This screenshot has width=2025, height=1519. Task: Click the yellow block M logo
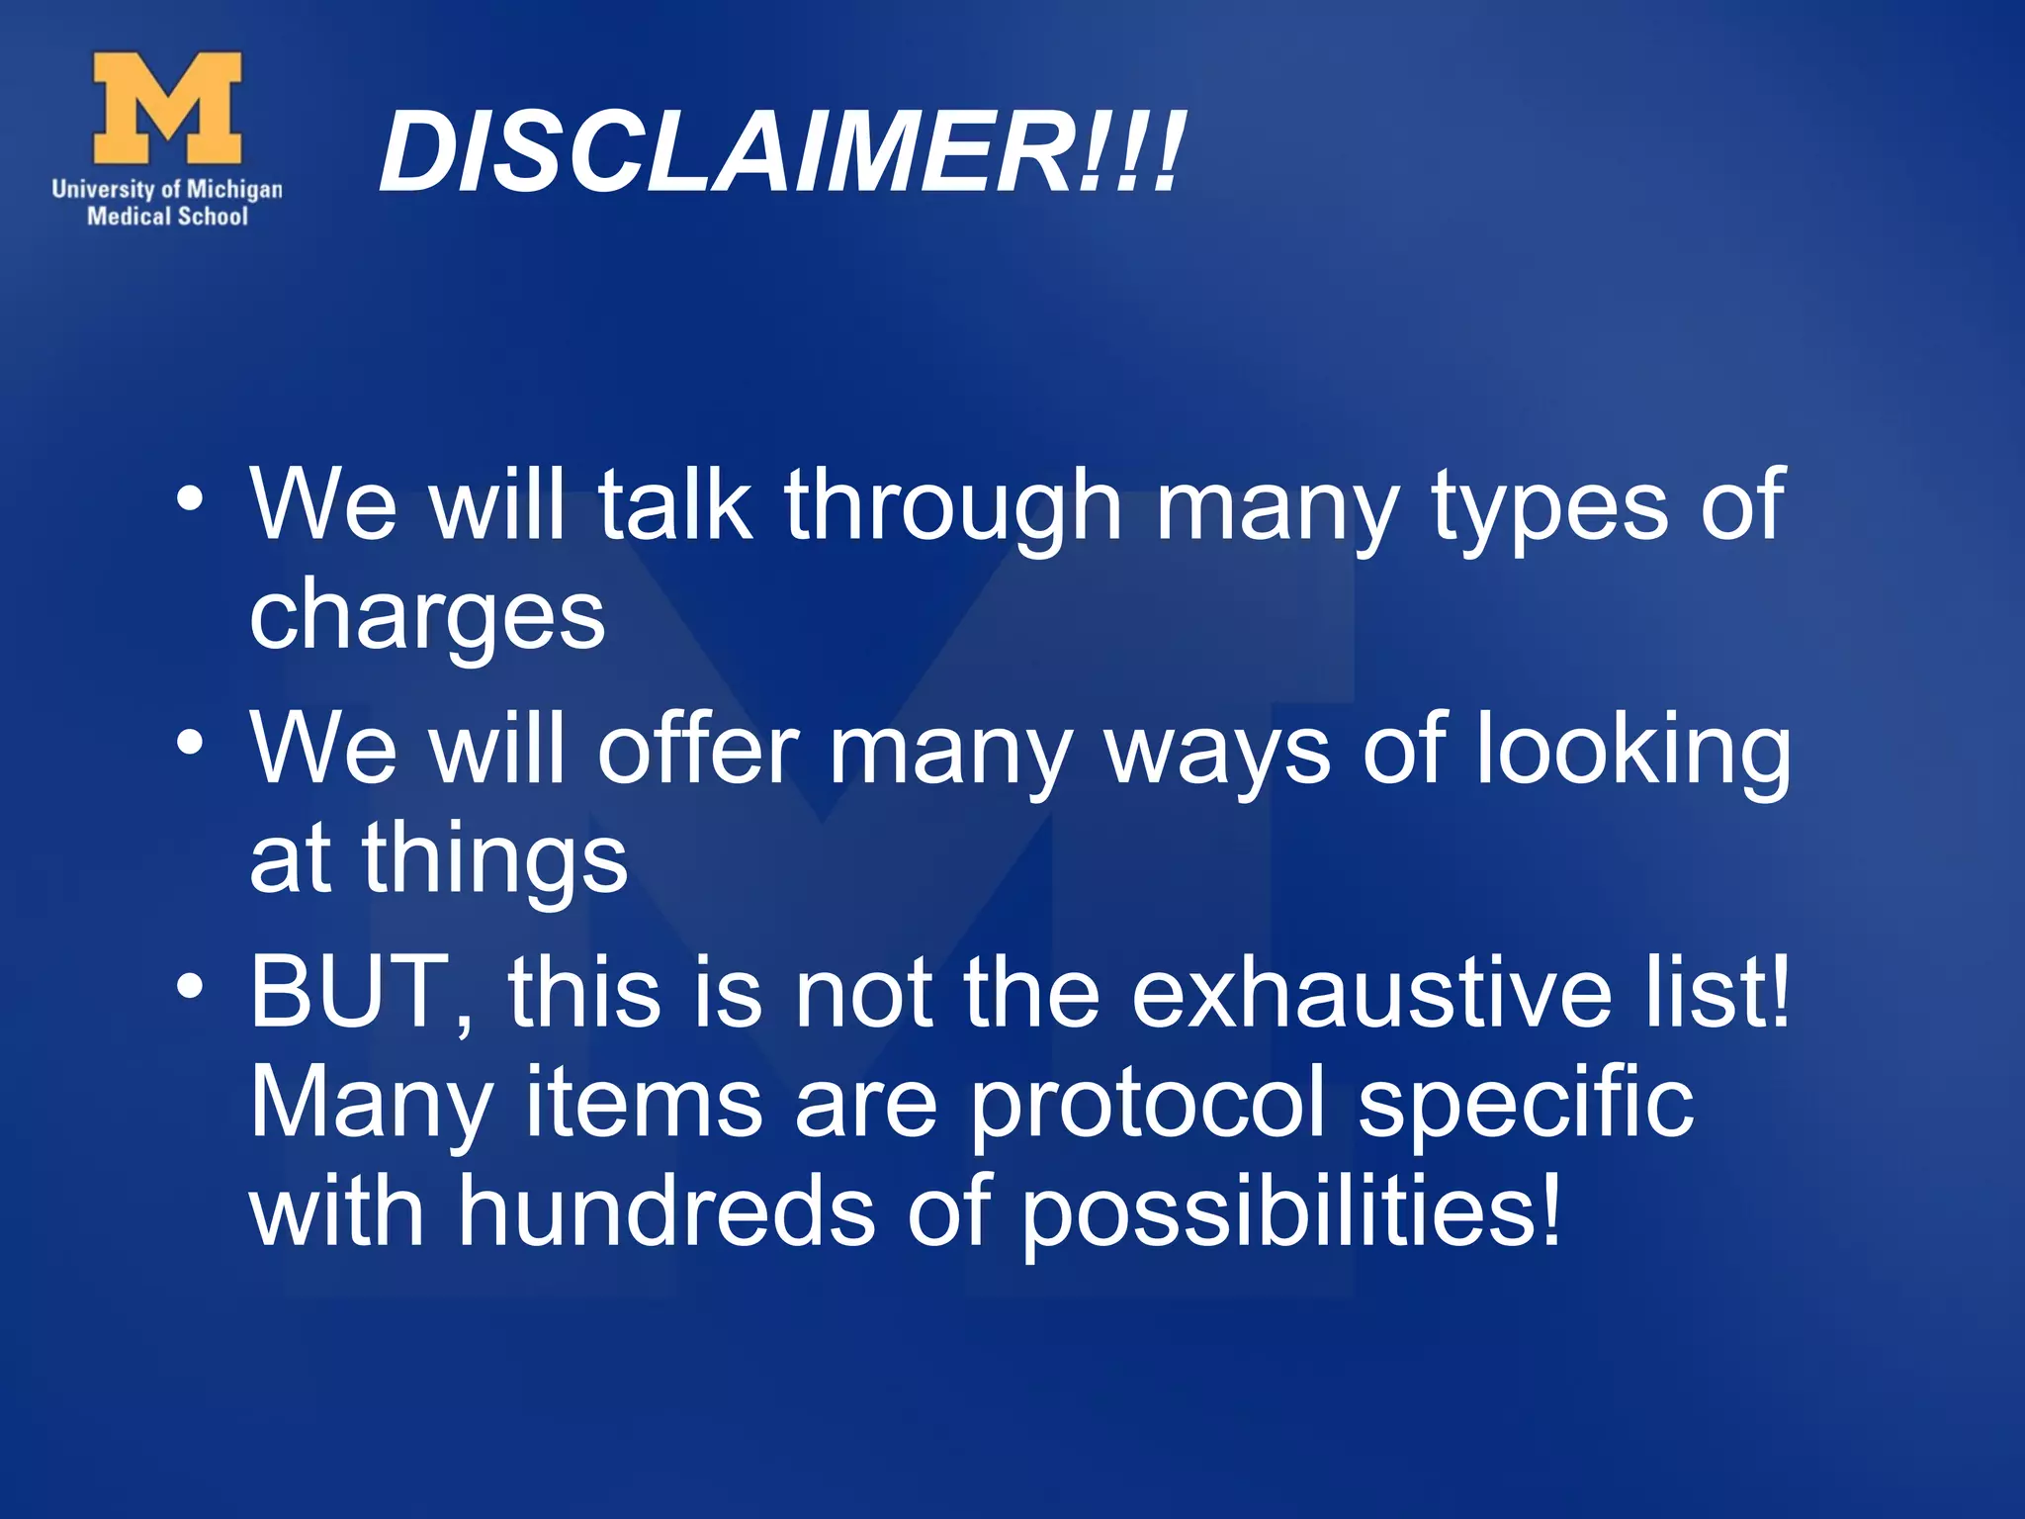(167, 108)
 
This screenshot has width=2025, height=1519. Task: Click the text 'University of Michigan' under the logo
(167, 189)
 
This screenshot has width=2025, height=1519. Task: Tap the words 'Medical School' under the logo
(167, 217)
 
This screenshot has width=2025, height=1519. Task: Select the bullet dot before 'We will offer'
(190, 741)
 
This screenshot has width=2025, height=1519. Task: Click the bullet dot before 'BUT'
(190, 985)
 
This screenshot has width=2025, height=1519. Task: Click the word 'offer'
(698, 749)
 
